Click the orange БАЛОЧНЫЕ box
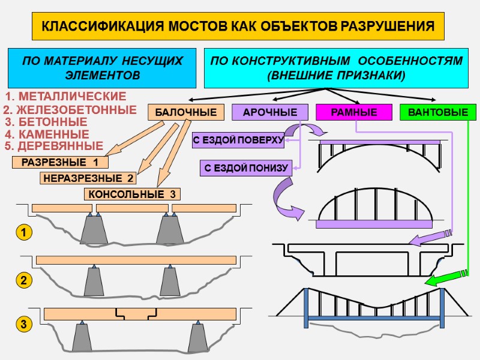186,112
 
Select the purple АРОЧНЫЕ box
270,112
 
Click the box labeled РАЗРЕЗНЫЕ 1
60,163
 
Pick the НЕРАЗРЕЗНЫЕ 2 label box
88,178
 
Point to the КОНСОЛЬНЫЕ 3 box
132,194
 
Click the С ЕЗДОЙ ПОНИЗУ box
246,169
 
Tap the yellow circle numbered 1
23,232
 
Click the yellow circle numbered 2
23,280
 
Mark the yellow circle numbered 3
23,325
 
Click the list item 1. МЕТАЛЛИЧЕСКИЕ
65,97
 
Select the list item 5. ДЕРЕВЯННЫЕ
53,146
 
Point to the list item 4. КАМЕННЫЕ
47,134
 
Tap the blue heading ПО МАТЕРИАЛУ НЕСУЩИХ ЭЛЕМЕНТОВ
102,68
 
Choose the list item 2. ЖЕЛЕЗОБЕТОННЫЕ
70,110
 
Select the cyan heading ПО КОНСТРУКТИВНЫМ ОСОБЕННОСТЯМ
336,68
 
